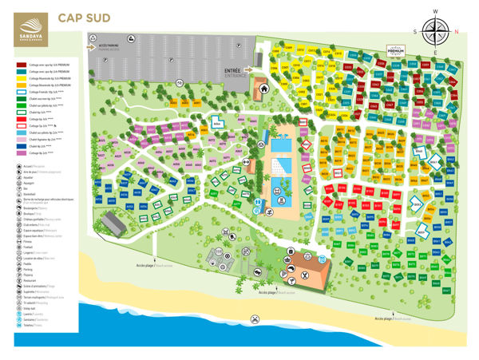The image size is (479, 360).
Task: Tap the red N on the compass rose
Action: click(x=455, y=31)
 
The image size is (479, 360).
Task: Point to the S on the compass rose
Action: click(x=416, y=31)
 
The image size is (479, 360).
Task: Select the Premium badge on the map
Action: click(x=397, y=49)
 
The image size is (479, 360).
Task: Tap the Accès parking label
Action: click(x=113, y=46)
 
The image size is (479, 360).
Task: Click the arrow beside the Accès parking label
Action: click(x=93, y=46)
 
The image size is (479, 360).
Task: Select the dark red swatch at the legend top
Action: click(x=21, y=65)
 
